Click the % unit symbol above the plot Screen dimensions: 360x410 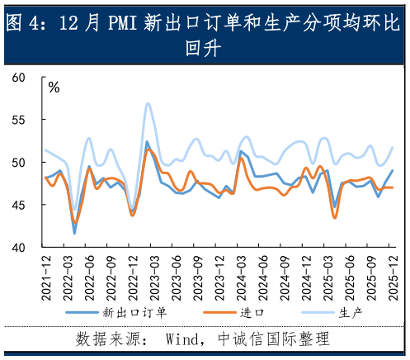pyautogui.click(x=54, y=87)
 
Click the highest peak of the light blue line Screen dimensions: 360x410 pyautogui.click(x=148, y=104)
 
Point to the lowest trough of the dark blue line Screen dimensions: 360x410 pyautogui.click(x=75, y=234)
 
